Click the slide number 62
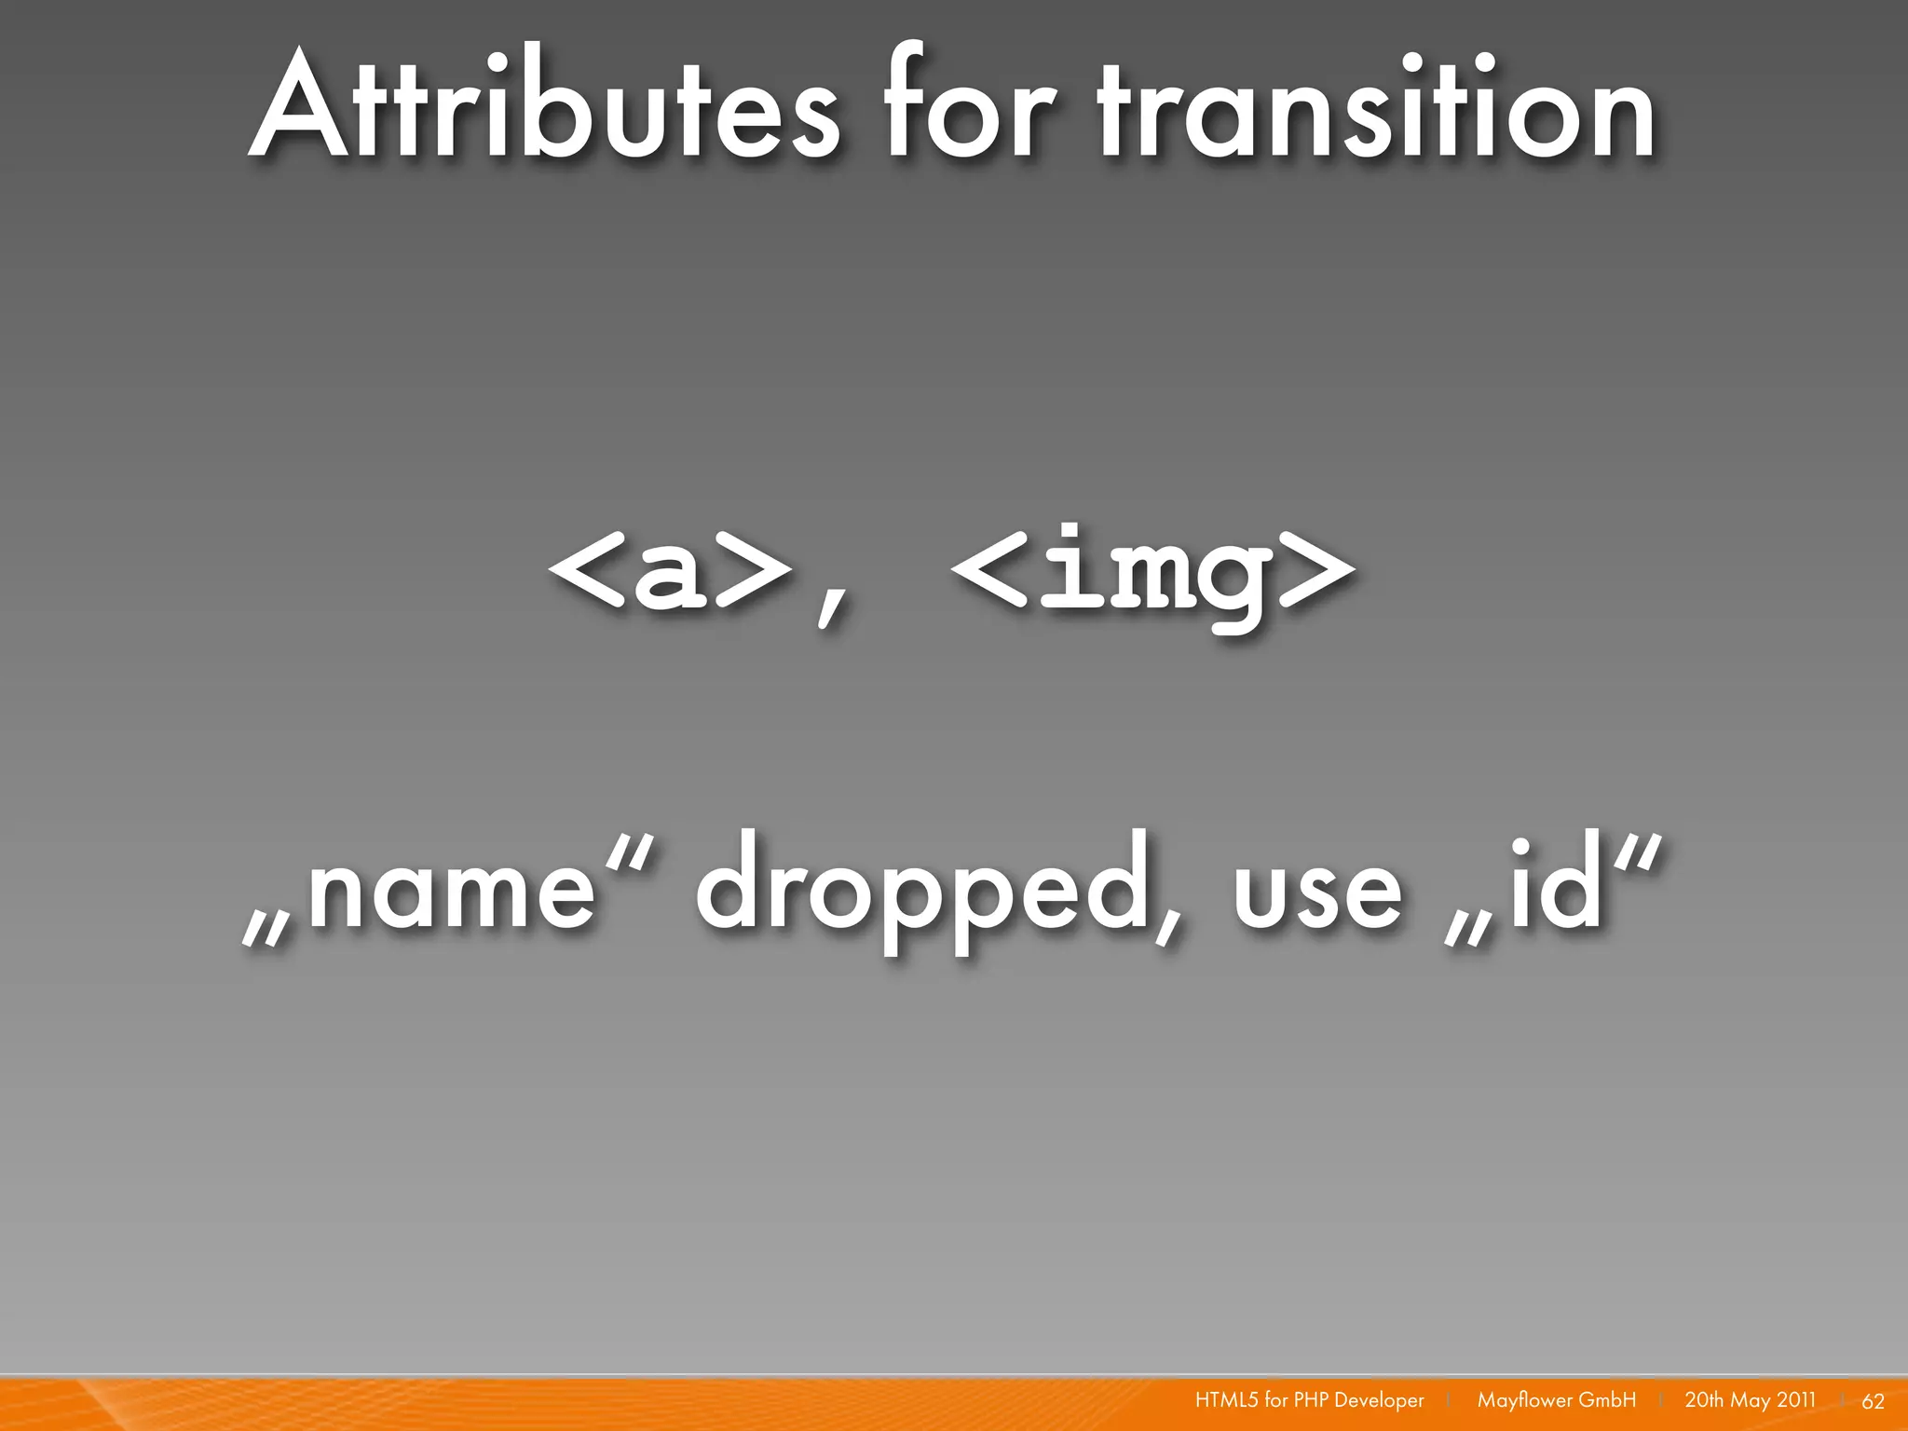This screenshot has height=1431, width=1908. point(1873,1401)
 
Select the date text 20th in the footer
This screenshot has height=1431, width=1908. point(1704,1399)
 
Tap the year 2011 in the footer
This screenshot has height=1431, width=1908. point(1794,1399)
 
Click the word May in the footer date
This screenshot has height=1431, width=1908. point(1749,1400)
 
